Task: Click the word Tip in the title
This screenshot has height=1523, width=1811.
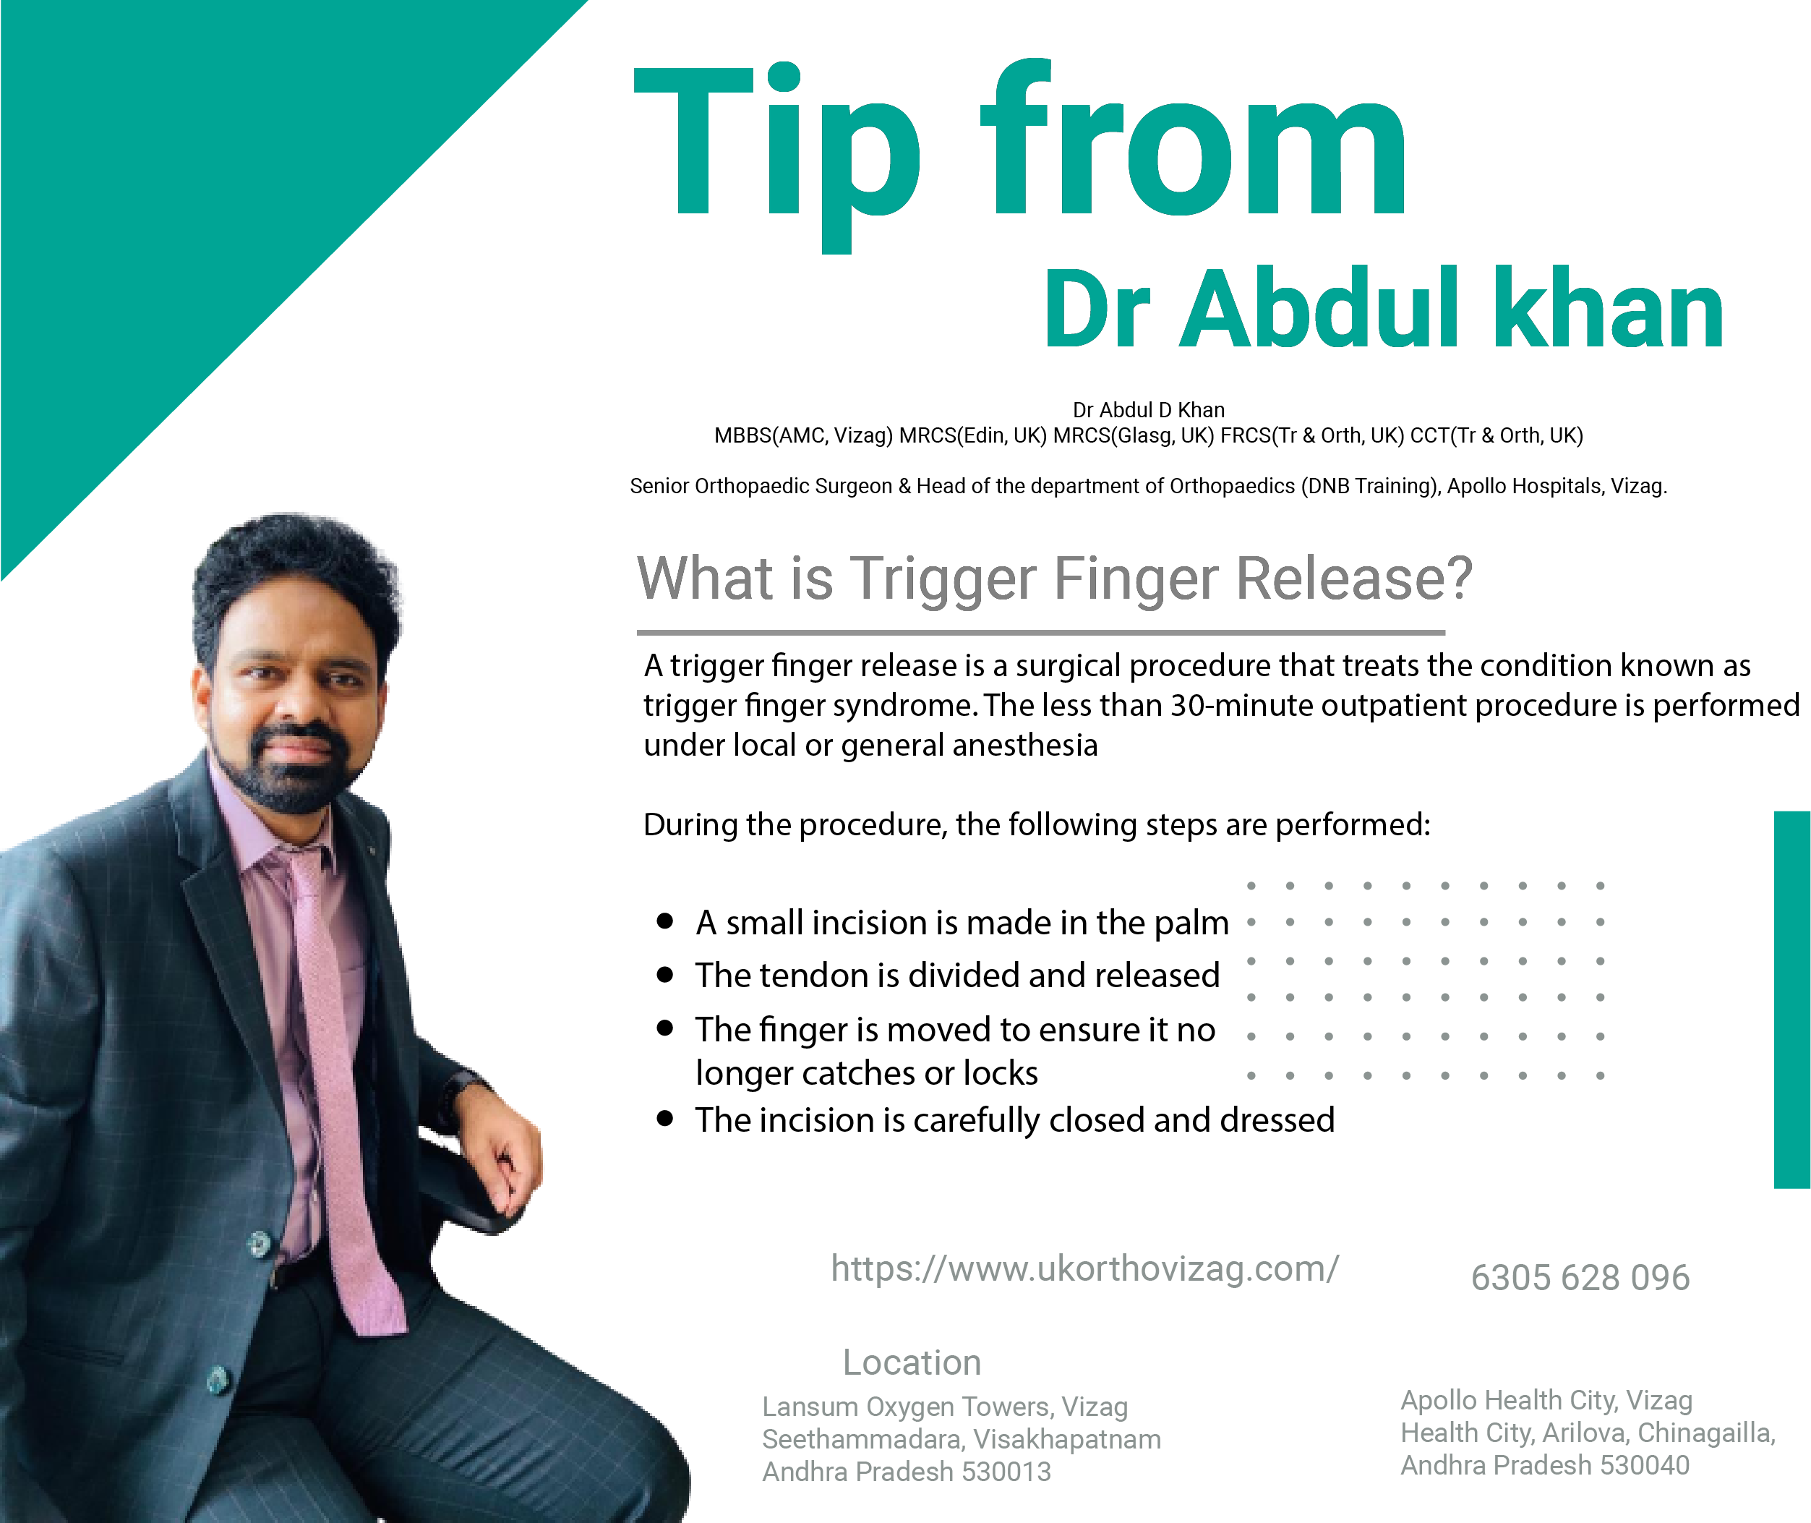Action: point(777,155)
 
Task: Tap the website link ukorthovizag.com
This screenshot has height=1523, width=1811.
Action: point(1085,1269)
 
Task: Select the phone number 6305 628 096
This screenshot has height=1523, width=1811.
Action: point(1580,1278)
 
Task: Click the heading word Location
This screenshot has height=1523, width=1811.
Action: point(912,1362)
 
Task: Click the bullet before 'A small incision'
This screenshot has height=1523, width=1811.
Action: point(664,921)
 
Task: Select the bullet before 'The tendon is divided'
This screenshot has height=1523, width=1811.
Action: point(664,975)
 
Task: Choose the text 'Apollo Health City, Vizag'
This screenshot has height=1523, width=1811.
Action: point(1546,1399)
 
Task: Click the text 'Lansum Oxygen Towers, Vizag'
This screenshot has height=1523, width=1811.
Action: point(944,1407)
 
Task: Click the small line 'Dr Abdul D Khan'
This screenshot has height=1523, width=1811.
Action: point(1148,410)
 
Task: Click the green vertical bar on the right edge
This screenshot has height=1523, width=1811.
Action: point(1792,1000)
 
